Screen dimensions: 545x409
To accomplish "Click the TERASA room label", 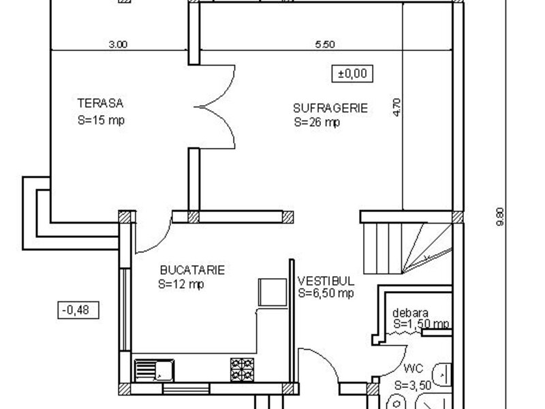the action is (100, 104).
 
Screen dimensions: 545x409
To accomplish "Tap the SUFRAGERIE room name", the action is (330, 108).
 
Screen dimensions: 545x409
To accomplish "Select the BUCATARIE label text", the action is (192, 270).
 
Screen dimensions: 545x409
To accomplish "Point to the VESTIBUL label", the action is (326, 281).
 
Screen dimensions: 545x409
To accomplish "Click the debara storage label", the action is (410, 313).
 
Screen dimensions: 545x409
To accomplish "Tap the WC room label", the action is (414, 368).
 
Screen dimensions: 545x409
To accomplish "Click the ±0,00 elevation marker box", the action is (352, 74).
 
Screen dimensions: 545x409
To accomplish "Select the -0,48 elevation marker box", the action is (78, 310).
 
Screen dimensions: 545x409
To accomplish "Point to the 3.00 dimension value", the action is (118, 44).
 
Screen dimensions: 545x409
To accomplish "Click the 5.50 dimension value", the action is (325, 44).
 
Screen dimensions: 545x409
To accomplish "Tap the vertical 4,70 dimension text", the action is (397, 108).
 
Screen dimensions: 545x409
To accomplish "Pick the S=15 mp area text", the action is (101, 121).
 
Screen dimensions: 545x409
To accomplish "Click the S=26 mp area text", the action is (317, 123).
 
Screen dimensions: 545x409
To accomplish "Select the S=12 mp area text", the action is (181, 284).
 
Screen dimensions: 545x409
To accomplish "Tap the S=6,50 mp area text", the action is (326, 293).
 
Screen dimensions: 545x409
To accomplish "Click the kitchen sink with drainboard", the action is (155, 370).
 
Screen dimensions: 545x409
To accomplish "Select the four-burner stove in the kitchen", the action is (242, 369).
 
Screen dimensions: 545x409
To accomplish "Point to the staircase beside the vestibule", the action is (407, 248).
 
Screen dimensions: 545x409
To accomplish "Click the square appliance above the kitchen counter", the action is (273, 292).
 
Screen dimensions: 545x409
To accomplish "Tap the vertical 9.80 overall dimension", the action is (500, 216).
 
